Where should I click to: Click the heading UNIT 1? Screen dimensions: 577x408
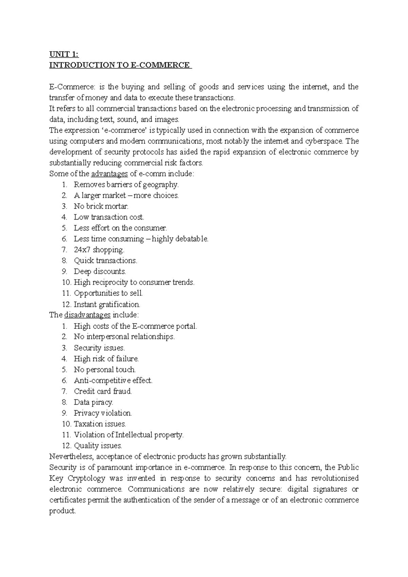tap(64, 54)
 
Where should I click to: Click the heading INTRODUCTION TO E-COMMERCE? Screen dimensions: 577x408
tap(120, 65)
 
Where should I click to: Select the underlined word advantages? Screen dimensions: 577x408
tap(109, 174)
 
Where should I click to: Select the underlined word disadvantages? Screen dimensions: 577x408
tap(87, 315)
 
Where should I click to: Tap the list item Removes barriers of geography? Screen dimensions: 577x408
tap(126, 185)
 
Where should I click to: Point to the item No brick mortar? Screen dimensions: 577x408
tap(101, 206)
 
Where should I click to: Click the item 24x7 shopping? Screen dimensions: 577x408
tap(99, 250)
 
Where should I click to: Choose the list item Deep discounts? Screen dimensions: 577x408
tap(100, 272)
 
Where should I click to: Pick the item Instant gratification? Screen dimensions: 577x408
tap(107, 304)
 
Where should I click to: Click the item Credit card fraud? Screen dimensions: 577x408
tap(103, 391)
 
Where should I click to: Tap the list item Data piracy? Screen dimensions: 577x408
tap(93, 402)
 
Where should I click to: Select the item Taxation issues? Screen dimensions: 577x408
tap(100, 424)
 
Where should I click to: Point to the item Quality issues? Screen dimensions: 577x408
tap(98, 446)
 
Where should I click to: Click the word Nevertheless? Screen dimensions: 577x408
tap(69, 456)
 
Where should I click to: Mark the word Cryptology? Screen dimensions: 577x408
tap(86, 478)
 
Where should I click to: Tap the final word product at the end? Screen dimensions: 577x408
tap(62, 511)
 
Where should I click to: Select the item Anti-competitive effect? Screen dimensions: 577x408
tap(113, 381)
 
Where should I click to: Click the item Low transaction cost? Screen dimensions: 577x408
tap(109, 217)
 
